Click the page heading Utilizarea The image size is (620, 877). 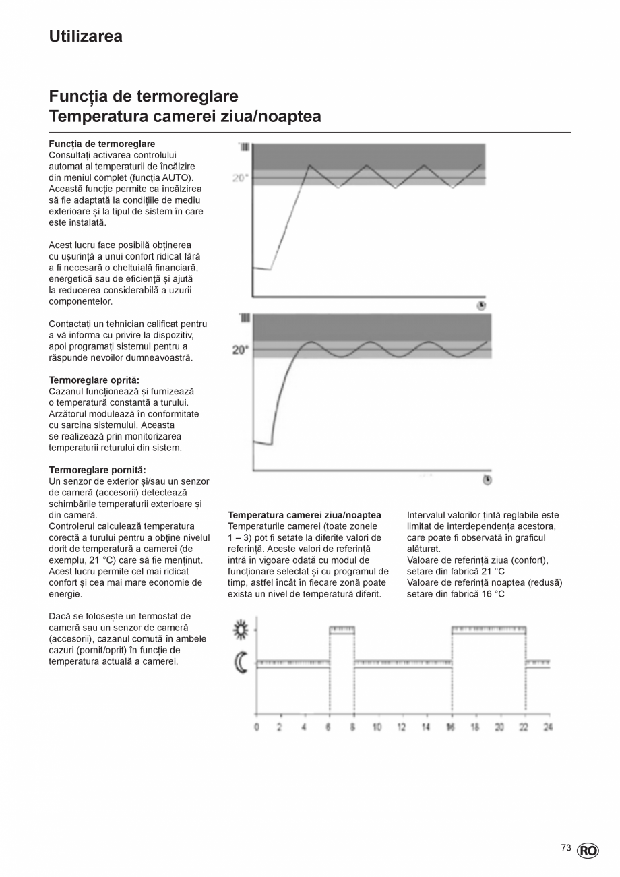[x=86, y=36]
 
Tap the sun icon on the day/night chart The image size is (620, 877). [x=241, y=630]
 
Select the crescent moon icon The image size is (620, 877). [x=241, y=663]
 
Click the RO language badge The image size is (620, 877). [x=587, y=851]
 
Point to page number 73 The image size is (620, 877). [x=566, y=848]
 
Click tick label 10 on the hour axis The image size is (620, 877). [x=377, y=727]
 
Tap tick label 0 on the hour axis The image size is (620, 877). [x=256, y=727]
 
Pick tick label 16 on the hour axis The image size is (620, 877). [x=450, y=727]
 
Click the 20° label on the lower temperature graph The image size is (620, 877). [x=240, y=350]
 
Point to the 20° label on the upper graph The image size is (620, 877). [x=241, y=178]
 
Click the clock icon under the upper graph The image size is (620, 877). [x=481, y=305]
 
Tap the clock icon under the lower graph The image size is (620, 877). [x=487, y=480]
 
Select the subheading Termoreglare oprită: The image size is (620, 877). [x=94, y=380]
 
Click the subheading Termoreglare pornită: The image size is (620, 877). [x=97, y=470]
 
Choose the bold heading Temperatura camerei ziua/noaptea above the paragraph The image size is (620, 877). [x=305, y=515]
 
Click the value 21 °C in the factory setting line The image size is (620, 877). [x=493, y=572]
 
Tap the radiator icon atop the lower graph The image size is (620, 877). [x=245, y=317]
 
